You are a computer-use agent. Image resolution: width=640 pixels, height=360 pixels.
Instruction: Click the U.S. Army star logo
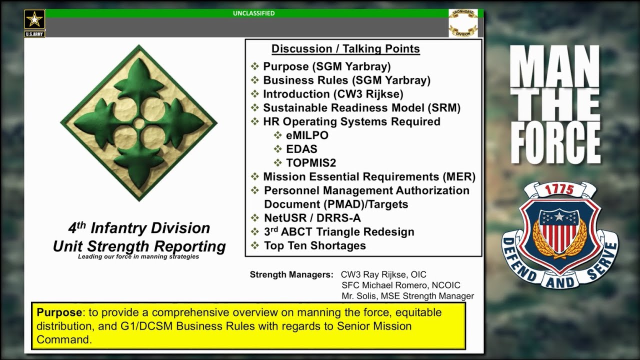point(34,20)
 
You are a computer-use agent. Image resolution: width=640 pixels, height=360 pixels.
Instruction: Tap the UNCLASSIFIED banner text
point(253,13)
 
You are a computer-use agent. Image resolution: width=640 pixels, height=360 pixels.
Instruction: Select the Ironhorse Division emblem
point(463,23)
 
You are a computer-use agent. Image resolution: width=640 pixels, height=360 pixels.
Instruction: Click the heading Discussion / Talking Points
point(345,49)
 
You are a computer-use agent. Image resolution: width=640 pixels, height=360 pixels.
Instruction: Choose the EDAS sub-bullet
point(301,149)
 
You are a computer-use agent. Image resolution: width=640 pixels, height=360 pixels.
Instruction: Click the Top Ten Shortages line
point(314,245)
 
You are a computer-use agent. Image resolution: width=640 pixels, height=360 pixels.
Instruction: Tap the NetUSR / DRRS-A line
point(312,218)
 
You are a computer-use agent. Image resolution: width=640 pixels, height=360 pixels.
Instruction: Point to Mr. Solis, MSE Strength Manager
point(407,296)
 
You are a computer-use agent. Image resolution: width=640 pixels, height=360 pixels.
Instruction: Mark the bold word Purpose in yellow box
point(59,312)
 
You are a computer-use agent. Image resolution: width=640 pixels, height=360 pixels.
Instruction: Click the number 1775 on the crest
point(559,190)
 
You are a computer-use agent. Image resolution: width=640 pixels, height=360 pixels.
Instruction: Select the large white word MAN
point(555,67)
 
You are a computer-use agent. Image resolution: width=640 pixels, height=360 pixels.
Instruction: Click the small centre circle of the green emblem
point(139,123)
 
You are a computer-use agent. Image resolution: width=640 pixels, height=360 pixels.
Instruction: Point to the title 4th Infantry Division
point(139,228)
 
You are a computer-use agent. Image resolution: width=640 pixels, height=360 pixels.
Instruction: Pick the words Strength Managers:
point(291,274)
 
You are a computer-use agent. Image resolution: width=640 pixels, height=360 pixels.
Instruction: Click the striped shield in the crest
point(559,232)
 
